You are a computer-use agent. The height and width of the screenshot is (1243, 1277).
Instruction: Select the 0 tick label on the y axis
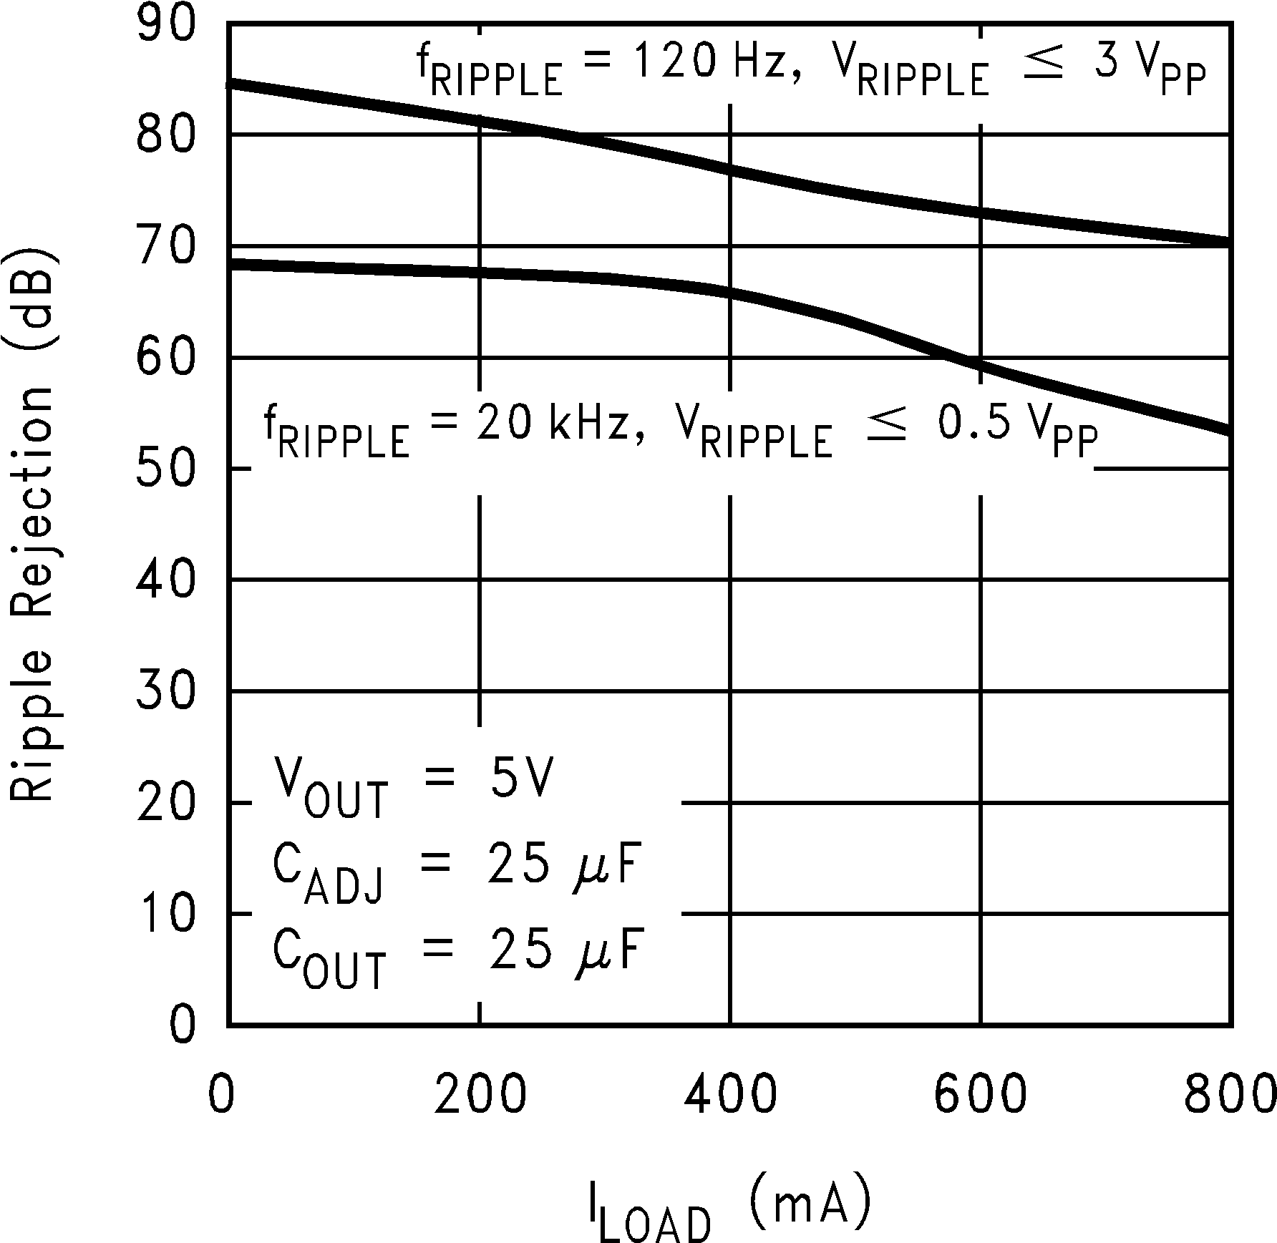coord(183,1025)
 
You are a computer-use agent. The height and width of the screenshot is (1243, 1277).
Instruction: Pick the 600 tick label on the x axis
coord(980,1096)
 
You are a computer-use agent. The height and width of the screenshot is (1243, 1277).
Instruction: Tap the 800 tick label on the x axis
coord(1230,1096)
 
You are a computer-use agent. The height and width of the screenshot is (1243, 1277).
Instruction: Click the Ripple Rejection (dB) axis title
coord(32,524)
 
